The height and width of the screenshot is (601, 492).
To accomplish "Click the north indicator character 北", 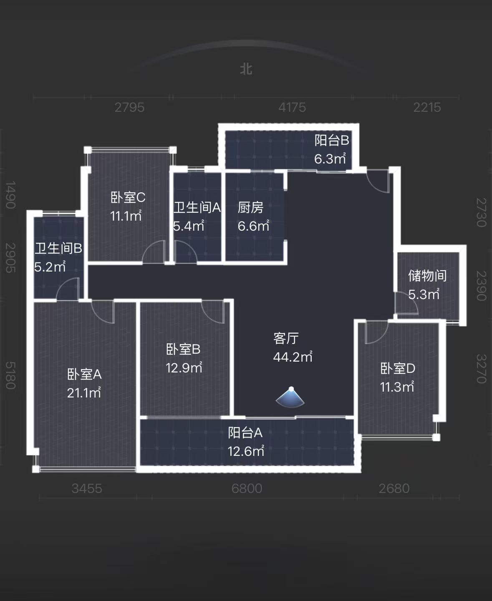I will [x=246, y=69].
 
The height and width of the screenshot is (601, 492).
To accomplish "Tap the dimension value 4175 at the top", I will [x=292, y=107].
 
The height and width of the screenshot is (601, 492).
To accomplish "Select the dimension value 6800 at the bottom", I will [x=247, y=488].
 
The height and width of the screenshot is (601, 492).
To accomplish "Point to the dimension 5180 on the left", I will [x=10, y=375].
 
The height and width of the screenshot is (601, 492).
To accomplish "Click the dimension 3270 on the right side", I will [x=481, y=369].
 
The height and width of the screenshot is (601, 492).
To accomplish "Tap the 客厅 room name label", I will [x=286, y=338].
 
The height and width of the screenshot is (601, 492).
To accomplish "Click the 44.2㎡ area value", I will [x=293, y=357].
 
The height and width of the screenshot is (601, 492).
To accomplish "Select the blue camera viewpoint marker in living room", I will [x=290, y=397].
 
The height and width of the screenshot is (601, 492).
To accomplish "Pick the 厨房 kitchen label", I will [x=250, y=207].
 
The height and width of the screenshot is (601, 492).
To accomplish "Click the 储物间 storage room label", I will [x=427, y=276].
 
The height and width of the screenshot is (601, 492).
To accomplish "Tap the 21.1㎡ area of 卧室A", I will [x=84, y=393].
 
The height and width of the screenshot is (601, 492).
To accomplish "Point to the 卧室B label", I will [x=183, y=349].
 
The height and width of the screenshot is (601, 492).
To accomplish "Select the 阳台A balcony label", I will [x=245, y=433].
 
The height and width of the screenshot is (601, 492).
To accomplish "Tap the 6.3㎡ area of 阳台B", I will [x=330, y=159].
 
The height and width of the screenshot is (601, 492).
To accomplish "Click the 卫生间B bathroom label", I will [x=58, y=249].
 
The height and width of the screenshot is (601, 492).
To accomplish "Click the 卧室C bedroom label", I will [x=128, y=197].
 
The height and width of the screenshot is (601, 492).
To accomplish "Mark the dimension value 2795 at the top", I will [x=129, y=107].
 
